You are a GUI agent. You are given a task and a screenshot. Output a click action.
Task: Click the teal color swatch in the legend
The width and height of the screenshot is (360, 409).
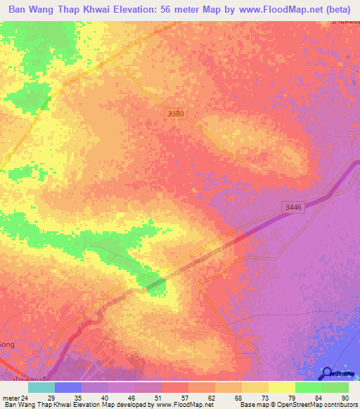(41, 387)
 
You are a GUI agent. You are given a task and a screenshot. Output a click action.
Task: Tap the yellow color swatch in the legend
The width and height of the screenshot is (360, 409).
(282, 387)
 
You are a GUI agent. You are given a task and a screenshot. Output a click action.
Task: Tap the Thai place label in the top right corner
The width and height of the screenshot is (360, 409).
(345, 23)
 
